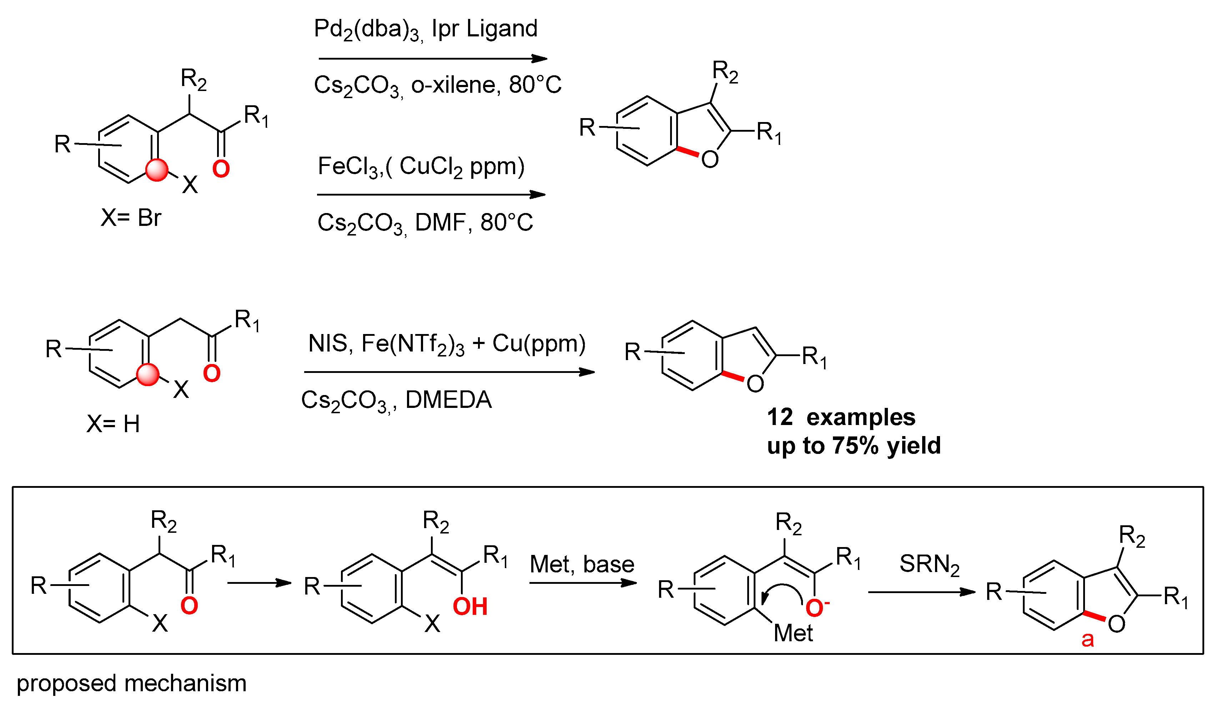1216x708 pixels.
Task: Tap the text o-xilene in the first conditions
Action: (453, 85)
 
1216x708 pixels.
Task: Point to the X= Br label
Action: (131, 218)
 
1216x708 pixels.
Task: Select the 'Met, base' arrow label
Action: (582, 564)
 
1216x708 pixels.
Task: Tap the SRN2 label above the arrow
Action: (929, 564)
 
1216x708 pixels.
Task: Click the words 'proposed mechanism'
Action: (131, 683)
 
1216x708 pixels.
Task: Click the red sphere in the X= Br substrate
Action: (157, 170)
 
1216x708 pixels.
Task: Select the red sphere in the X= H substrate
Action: (148, 375)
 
